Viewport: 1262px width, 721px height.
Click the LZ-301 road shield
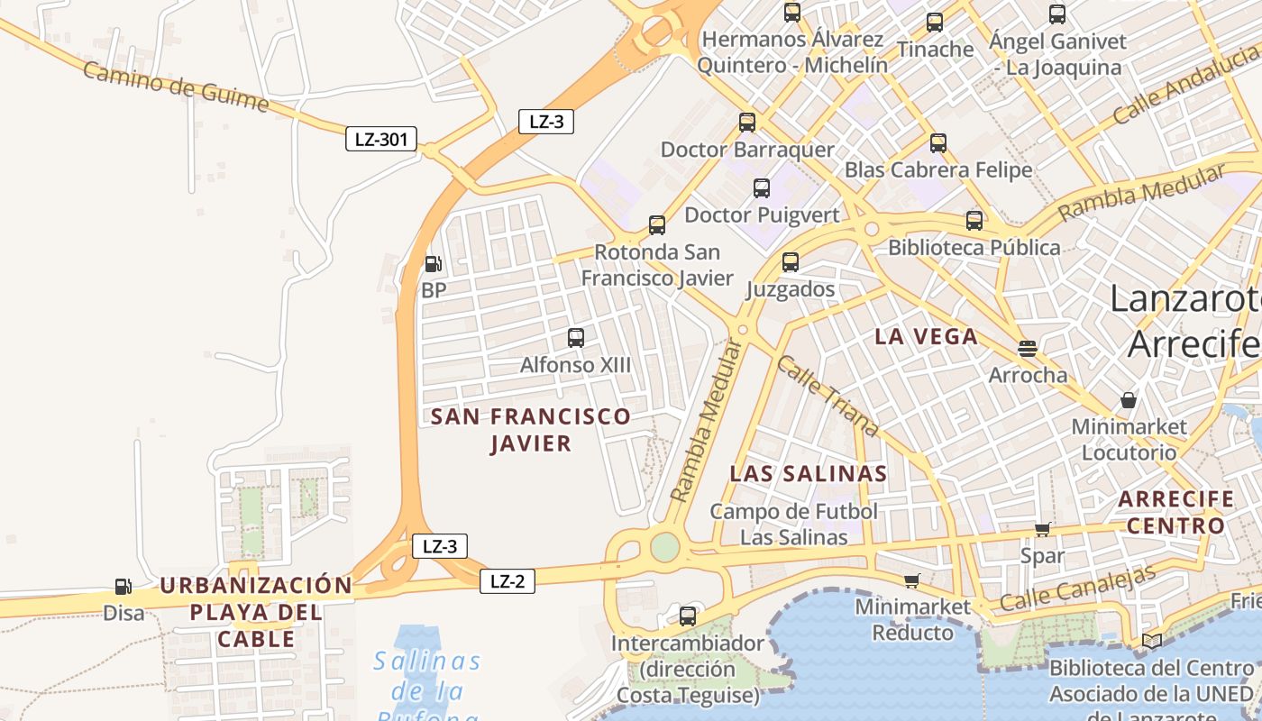(x=381, y=139)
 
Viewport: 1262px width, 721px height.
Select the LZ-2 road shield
(x=507, y=581)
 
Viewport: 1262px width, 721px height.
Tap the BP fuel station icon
(x=433, y=264)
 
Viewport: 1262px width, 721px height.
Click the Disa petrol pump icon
(x=123, y=587)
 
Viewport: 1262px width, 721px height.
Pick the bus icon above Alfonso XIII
(x=576, y=338)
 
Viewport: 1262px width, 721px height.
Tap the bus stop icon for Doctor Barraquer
(x=747, y=123)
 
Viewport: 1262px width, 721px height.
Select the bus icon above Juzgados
(x=791, y=262)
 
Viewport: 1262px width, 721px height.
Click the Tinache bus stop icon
(x=935, y=23)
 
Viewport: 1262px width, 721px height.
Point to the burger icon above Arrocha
(x=1028, y=348)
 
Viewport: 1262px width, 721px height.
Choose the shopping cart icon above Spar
(x=1043, y=529)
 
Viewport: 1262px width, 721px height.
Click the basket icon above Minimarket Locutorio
(x=1129, y=399)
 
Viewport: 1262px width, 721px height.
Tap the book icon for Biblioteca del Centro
(x=1152, y=641)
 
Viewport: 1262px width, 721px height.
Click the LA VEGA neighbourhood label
(x=926, y=337)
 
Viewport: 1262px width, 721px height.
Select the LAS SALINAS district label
(x=808, y=473)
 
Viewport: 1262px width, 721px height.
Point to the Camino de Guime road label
(x=175, y=87)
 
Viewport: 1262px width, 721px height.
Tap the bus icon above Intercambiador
(x=688, y=616)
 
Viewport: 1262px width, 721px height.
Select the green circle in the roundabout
(x=664, y=547)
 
